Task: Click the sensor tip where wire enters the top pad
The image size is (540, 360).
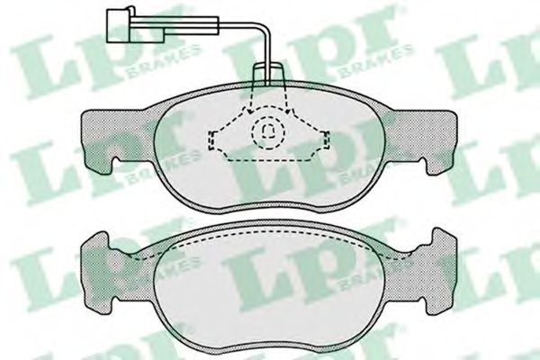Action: click(x=267, y=76)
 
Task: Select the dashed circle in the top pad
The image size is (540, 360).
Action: click(x=268, y=134)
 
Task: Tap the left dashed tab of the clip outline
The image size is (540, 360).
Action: click(x=216, y=139)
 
